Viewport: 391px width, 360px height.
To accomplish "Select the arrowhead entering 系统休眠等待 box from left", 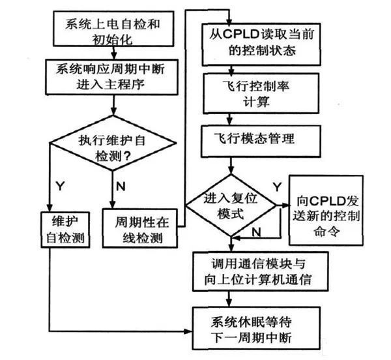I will click(x=194, y=328).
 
